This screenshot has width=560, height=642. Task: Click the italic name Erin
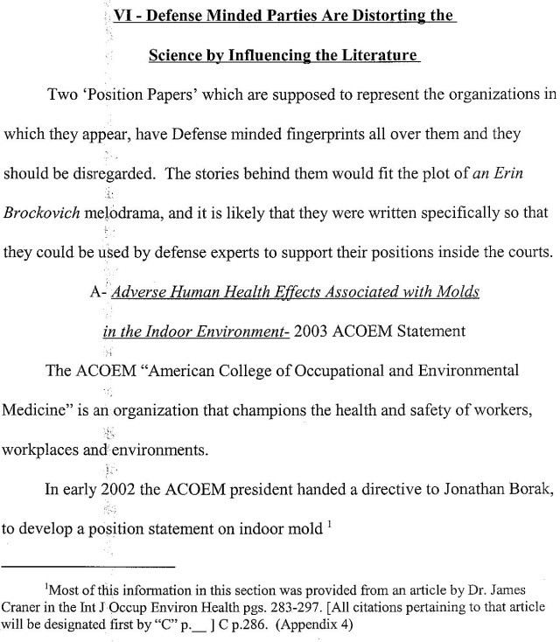tap(515, 173)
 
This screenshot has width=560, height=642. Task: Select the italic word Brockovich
tap(39, 211)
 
